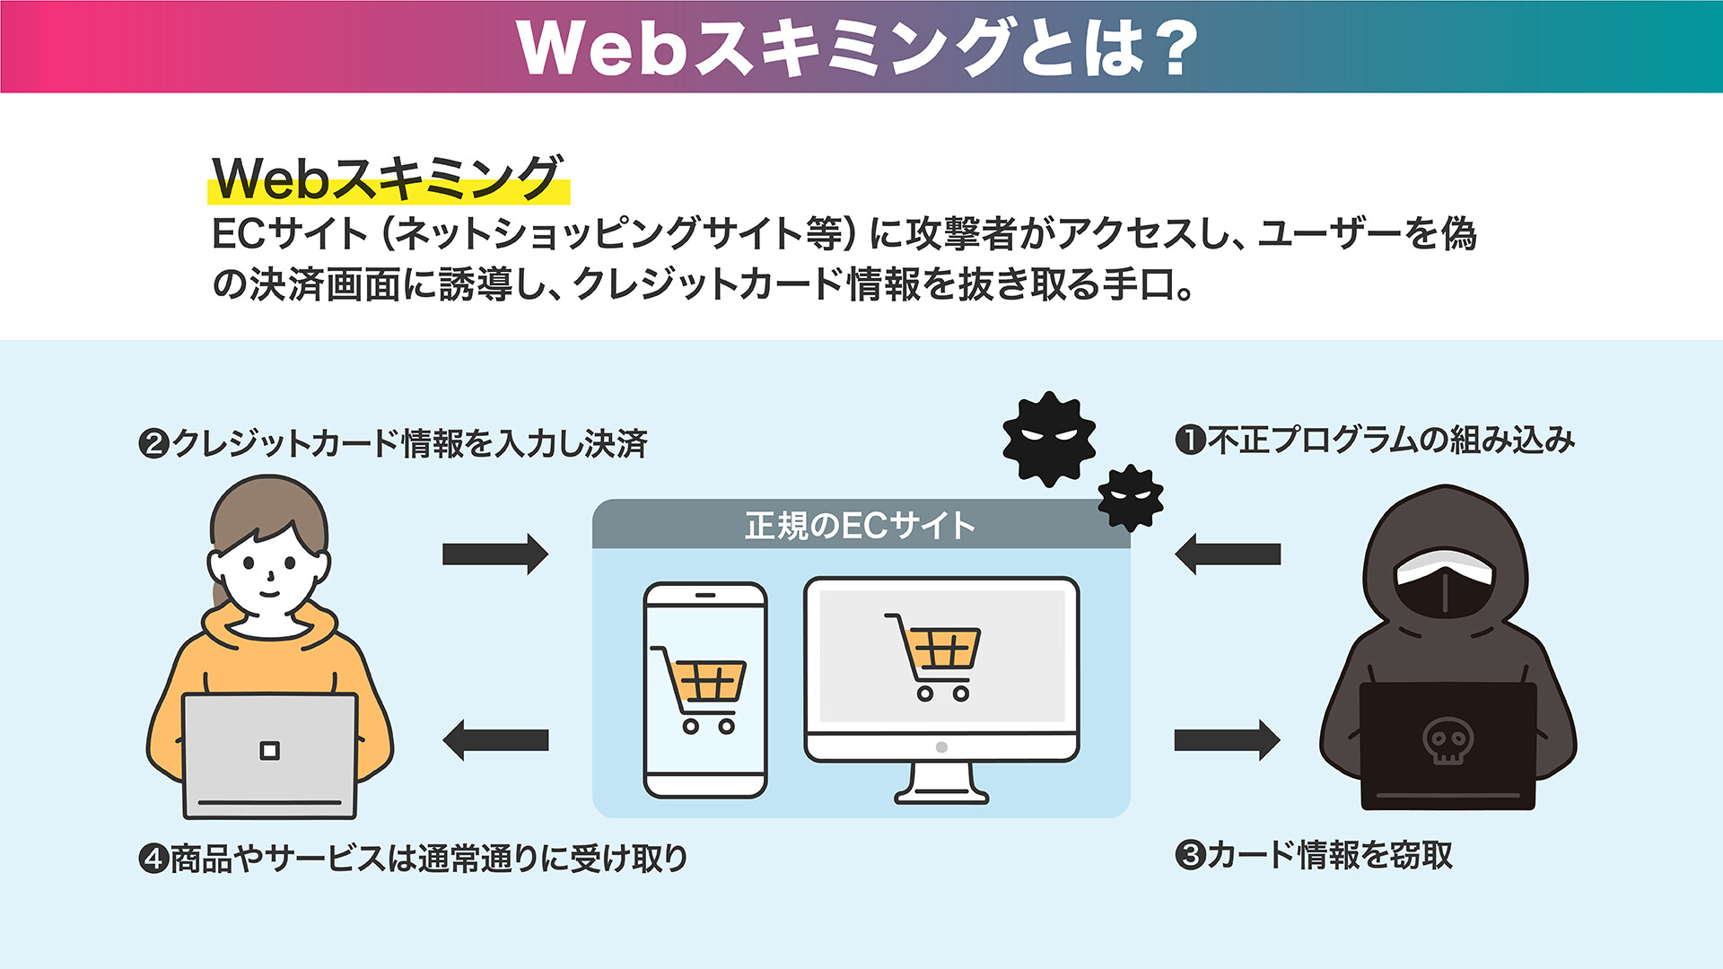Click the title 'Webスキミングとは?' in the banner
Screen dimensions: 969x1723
click(x=858, y=47)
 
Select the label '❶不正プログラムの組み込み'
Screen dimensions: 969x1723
click(x=1375, y=440)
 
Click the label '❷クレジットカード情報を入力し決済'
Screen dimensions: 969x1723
click(x=393, y=443)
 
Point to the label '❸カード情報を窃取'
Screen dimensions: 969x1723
click(x=1314, y=854)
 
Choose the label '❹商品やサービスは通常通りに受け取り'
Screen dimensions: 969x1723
click(x=414, y=859)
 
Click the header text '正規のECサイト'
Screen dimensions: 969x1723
click(x=860, y=526)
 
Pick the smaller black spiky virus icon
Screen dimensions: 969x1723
click(x=1131, y=498)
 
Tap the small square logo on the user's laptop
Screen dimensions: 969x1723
click(x=269, y=750)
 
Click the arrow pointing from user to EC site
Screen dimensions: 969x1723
click(x=494, y=554)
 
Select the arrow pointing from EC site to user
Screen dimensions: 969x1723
click(x=495, y=740)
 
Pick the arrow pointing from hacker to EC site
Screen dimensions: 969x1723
click(x=1228, y=554)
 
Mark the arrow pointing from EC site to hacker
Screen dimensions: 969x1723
click(x=1228, y=740)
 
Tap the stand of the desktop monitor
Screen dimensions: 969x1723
click(x=940, y=783)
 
